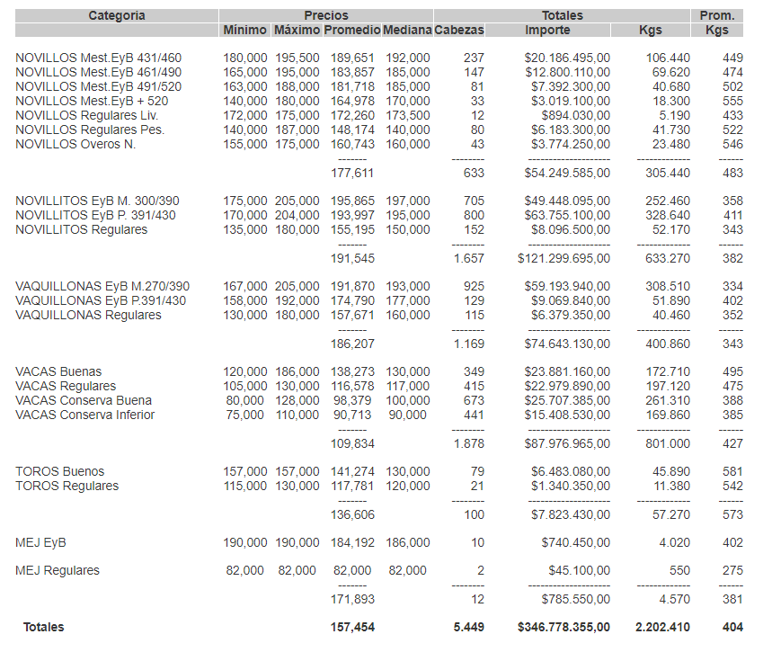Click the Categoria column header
coord(117,15)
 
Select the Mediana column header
coord(406,30)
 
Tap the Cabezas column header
coord(458,30)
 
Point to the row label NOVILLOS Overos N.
coord(75,144)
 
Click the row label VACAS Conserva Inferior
coord(84,415)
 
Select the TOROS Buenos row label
coord(59,471)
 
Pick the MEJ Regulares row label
coord(58,570)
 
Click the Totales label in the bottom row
coord(44,627)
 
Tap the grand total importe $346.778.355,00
coord(563,627)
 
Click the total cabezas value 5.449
coord(468,627)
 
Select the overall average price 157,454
coord(352,627)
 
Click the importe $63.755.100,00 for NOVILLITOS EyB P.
coord(567,216)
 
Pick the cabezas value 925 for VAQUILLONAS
coord(474,286)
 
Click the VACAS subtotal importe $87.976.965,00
coord(567,443)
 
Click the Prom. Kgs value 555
coord(732,102)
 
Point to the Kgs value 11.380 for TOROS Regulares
coord(672,486)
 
